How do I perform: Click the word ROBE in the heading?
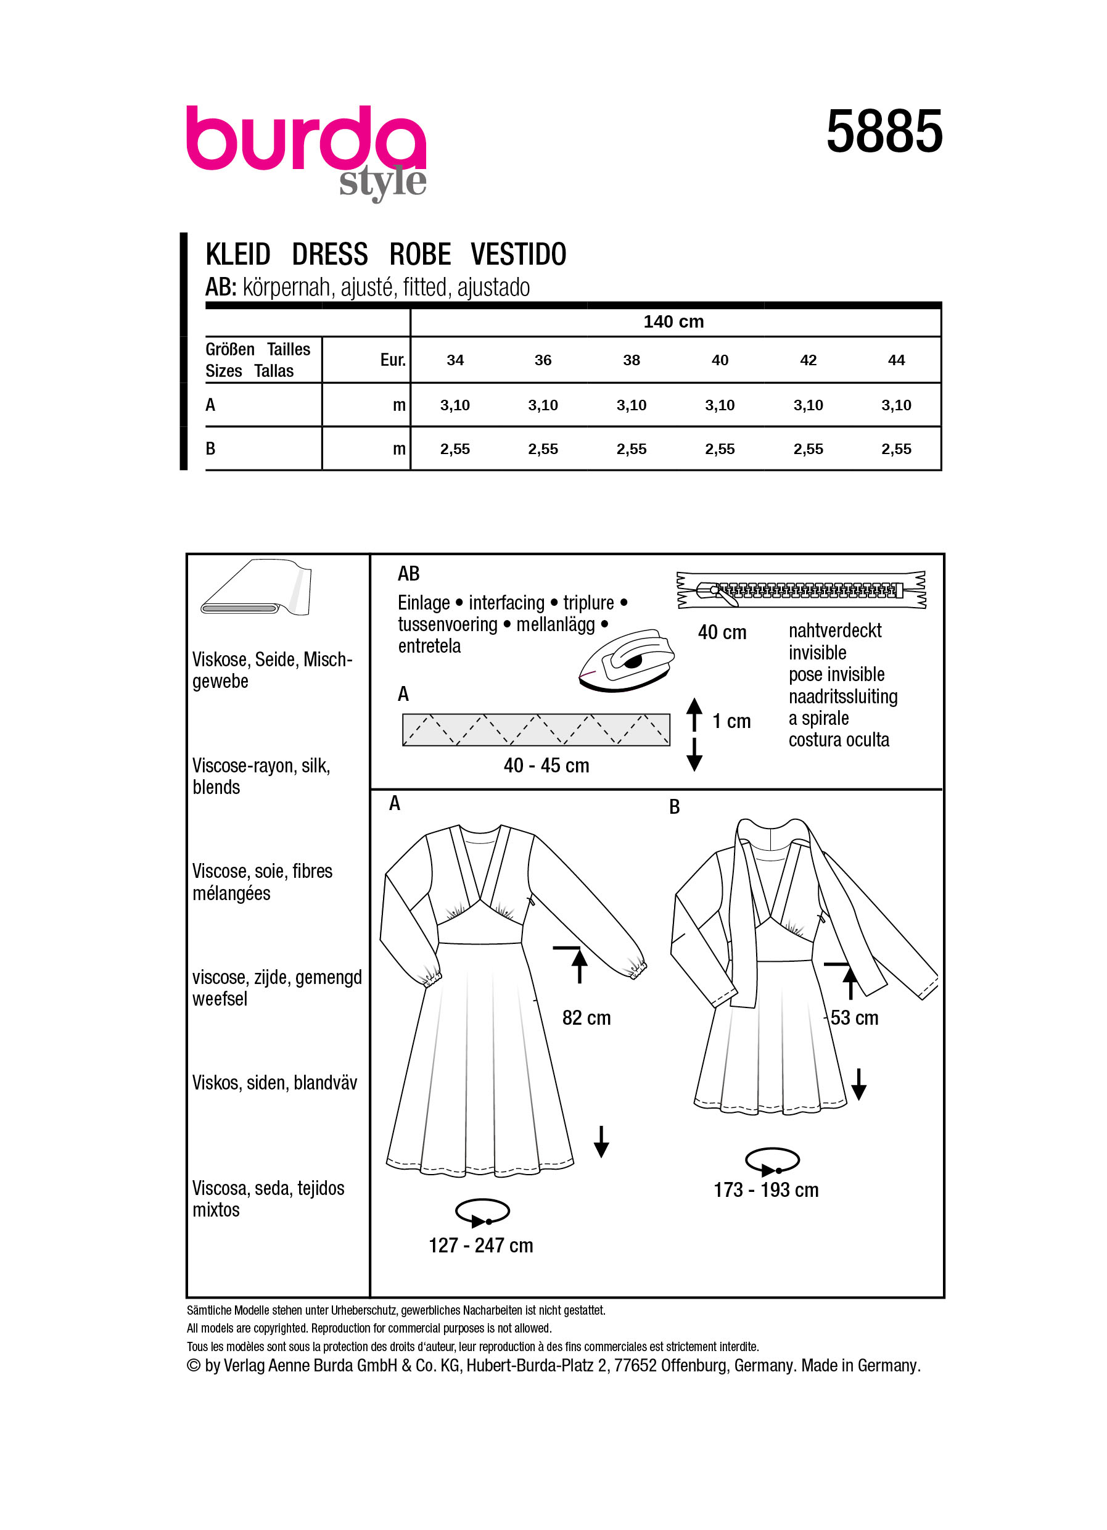(x=420, y=255)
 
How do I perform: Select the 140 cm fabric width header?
(x=673, y=322)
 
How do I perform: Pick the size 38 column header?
(x=631, y=360)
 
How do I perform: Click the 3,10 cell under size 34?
(x=455, y=405)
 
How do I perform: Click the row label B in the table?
(x=210, y=449)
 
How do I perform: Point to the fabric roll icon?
(x=256, y=587)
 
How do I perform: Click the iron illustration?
(x=625, y=661)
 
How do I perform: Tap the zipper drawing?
(x=801, y=590)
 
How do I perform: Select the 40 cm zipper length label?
(x=722, y=633)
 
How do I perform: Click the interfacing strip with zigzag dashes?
(x=536, y=729)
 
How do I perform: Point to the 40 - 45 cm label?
(x=546, y=766)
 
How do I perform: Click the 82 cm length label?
(x=586, y=1018)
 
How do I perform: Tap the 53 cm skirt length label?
(x=854, y=1018)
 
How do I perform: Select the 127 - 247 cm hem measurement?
(x=480, y=1246)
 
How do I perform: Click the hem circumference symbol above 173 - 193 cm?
(x=772, y=1161)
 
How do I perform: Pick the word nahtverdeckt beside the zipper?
(x=834, y=631)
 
